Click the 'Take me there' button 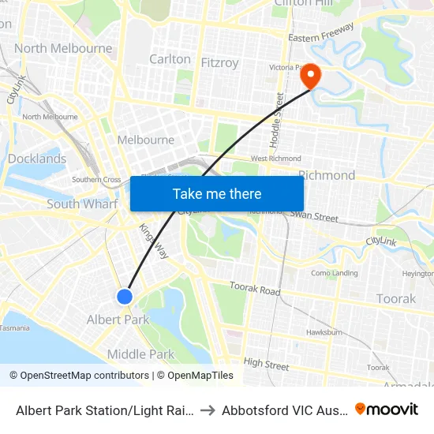[x=217, y=193]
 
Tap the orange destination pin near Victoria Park [x=311, y=76]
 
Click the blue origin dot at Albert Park [x=125, y=297]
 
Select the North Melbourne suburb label [x=63, y=48]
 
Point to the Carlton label [x=170, y=59]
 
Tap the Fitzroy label [x=219, y=62]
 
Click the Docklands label [x=37, y=159]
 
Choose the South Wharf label [x=82, y=204]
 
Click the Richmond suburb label [x=326, y=175]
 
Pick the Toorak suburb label [x=395, y=298]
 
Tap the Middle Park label [x=140, y=354]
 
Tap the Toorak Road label [x=254, y=289]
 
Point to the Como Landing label [x=334, y=273]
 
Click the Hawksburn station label [x=324, y=332]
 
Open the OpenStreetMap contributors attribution [x=80, y=376]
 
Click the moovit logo [x=387, y=409]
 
